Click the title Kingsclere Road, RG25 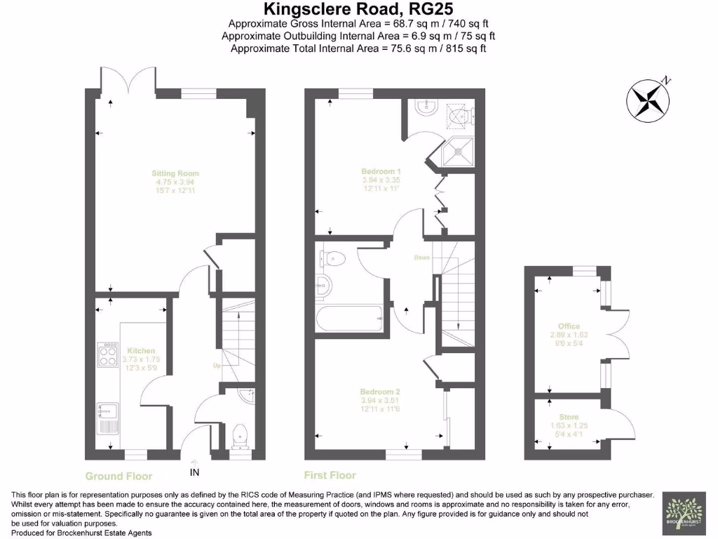click(358, 10)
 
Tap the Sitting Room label click(175, 173)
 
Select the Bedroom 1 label click(381, 171)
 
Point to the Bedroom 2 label click(380, 392)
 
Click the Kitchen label click(141, 351)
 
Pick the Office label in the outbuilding click(569, 326)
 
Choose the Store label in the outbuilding click(569, 418)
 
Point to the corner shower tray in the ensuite click(459, 149)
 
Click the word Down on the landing click(421, 258)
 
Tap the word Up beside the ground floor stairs click(218, 366)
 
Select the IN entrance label click(194, 472)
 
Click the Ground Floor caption click(118, 476)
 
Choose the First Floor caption click(330, 475)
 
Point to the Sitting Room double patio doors click(128, 79)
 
